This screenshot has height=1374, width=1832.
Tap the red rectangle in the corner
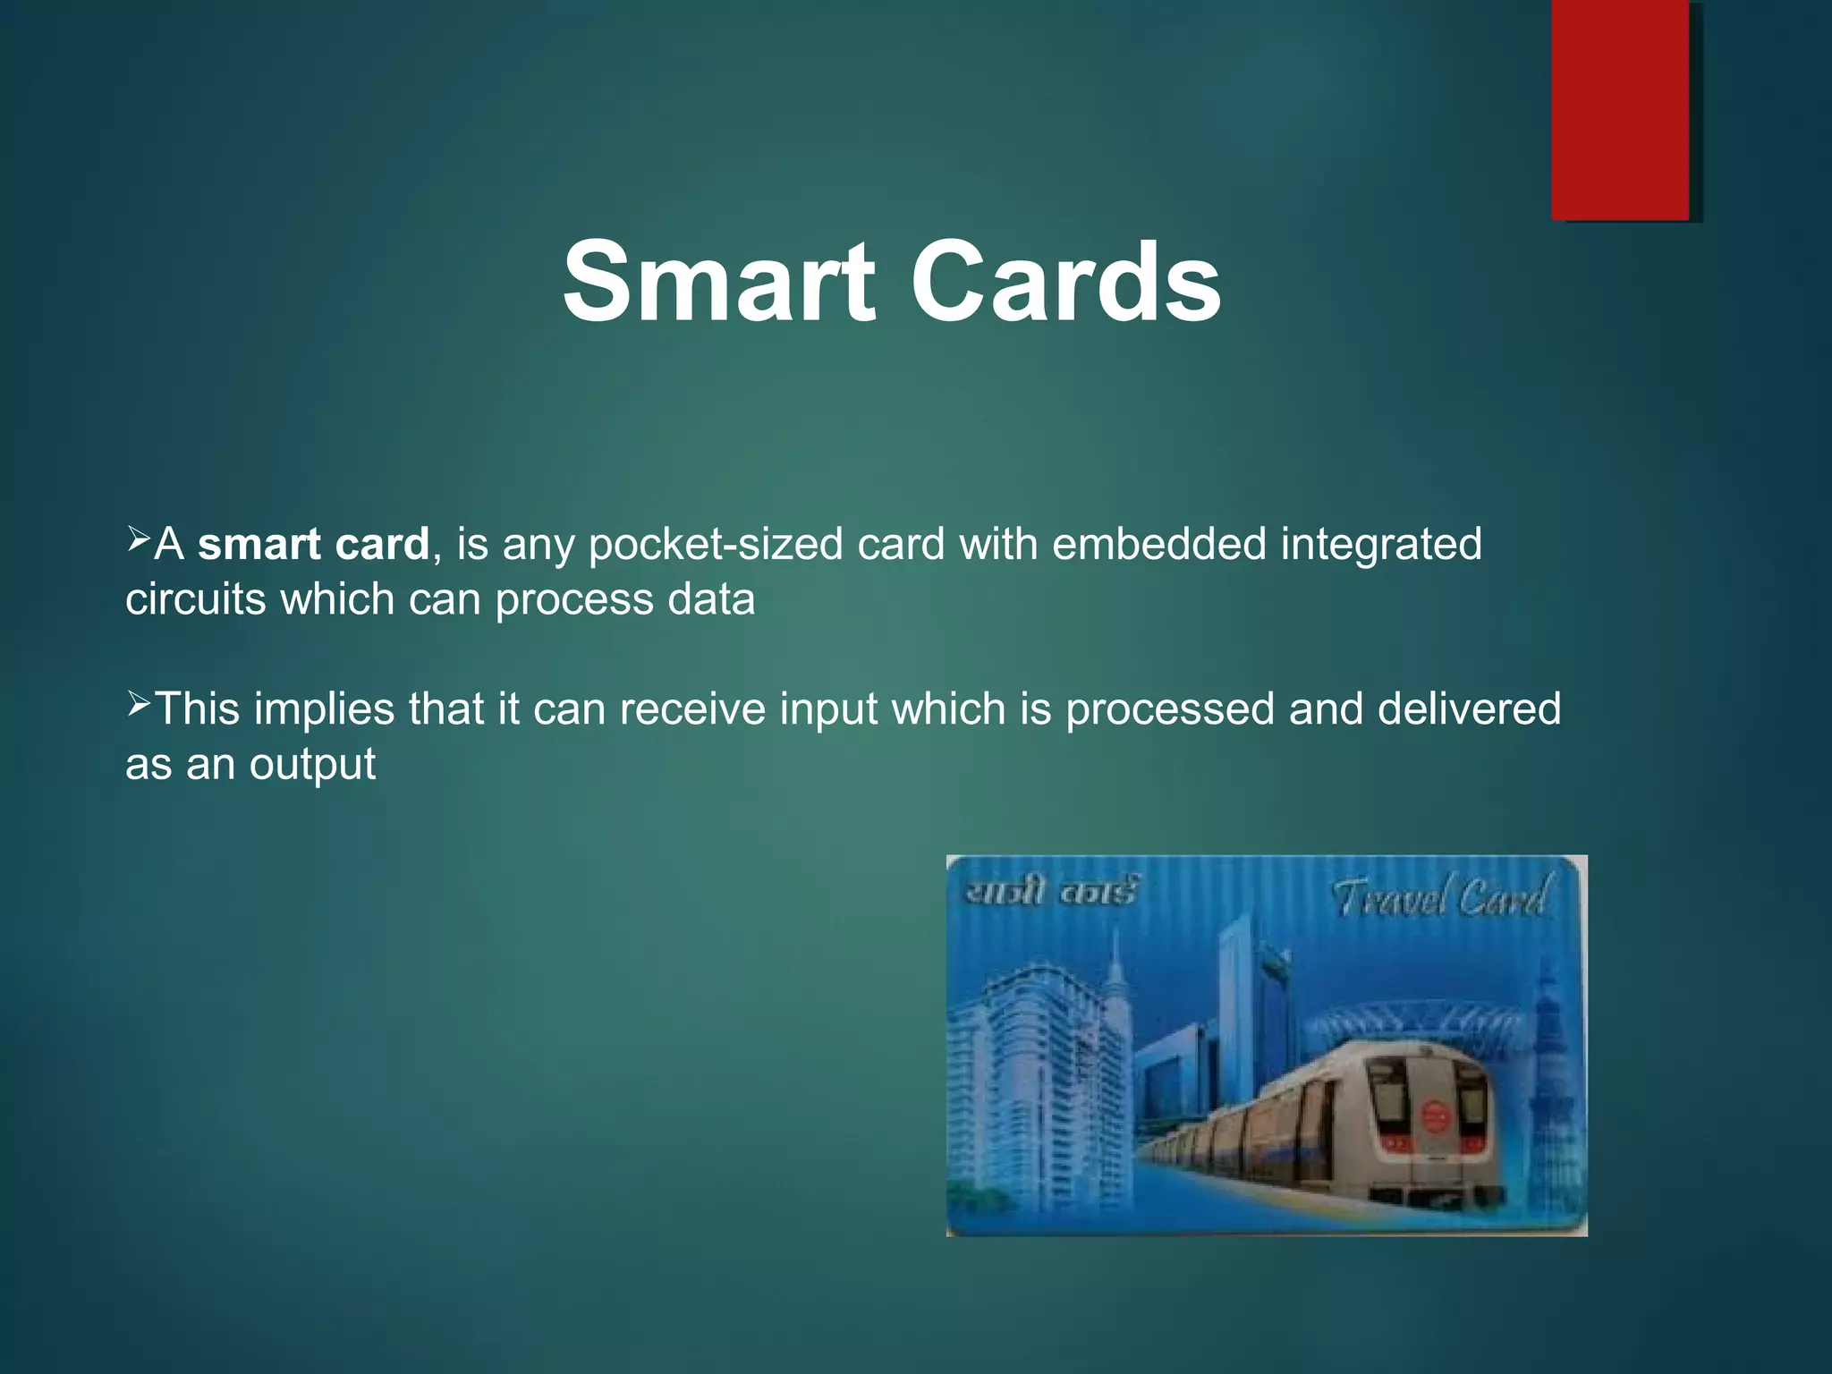(1620, 109)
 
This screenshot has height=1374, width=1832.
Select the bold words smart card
(313, 544)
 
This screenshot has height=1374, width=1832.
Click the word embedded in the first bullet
(1159, 544)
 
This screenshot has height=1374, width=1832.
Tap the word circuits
(196, 598)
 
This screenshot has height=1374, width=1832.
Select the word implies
(324, 709)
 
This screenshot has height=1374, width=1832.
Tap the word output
(312, 765)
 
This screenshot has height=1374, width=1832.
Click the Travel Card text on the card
(1439, 897)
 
